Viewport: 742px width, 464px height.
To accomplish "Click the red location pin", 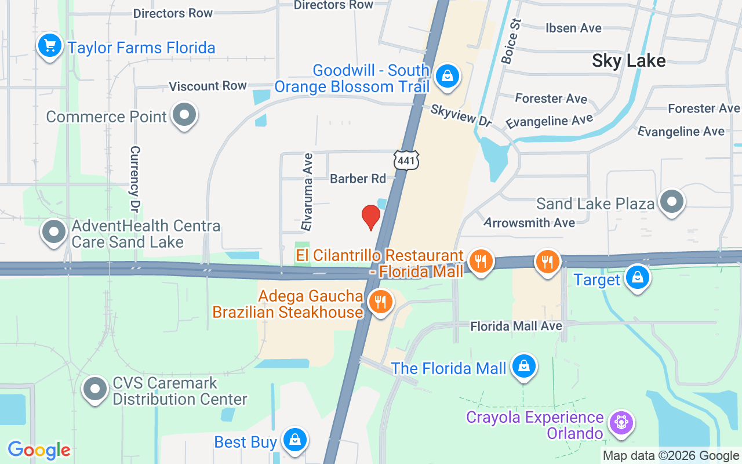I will tap(370, 217).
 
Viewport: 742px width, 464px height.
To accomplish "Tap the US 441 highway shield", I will tap(406, 159).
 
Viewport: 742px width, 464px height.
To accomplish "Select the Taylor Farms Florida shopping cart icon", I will tap(50, 45).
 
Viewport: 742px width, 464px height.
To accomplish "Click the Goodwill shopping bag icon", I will tap(447, 76).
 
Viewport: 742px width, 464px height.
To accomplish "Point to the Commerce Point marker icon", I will tap(184, 115).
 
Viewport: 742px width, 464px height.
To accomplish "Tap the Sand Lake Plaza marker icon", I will tap(672, 202).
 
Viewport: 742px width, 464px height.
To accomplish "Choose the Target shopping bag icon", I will tap(637, 277).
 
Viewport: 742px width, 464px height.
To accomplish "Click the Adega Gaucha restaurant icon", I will tap(380, 302).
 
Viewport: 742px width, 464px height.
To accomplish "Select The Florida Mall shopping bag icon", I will tap(523, 367).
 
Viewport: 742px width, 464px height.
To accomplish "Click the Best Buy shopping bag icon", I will tap(294, 440).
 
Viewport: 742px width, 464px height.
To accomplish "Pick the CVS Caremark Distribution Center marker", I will tap(95, 389).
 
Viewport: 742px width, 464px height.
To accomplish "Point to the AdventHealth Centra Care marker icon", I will tap(54, 231).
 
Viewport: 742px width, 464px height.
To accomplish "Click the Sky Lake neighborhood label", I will tap(628, 60).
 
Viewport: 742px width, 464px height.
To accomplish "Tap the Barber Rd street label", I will tap(358, 179).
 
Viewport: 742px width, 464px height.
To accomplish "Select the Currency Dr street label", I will tap(135, 179).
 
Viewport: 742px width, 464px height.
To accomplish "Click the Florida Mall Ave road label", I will tap(516, 326).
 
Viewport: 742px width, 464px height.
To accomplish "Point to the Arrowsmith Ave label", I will tap(529, 222).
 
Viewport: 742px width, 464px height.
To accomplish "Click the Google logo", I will tap(39, 450).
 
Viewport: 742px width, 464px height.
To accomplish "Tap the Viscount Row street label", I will tap(208, 86).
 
